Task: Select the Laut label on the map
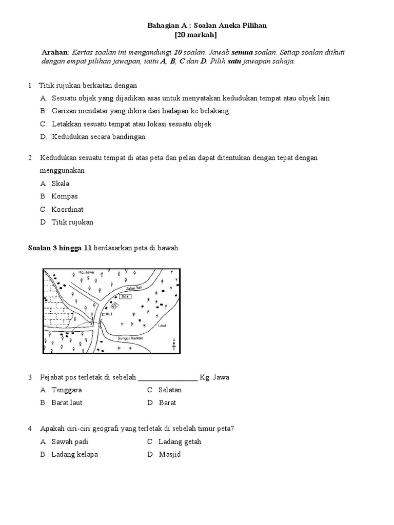163,325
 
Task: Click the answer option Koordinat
68,209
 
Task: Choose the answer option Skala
61,184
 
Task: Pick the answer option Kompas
65,196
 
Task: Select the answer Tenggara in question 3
67,390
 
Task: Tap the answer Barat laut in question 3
67,402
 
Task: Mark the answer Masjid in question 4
170,454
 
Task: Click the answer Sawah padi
70,441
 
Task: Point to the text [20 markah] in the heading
196,35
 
